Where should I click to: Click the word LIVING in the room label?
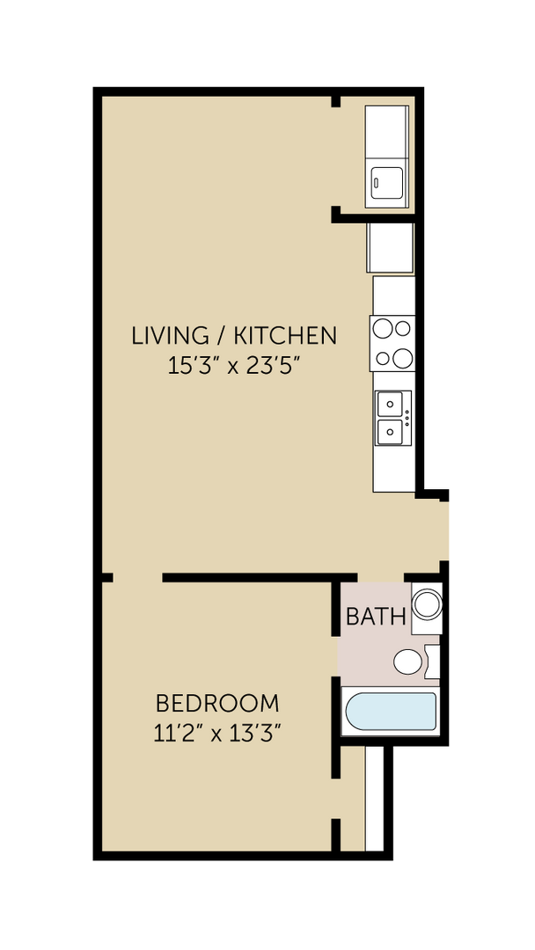tap(158, 335)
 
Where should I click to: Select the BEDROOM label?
tap(217, 704)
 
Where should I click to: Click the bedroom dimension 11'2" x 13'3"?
tap(217, 733)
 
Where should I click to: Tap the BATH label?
tap(376, 617)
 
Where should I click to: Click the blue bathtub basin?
tap(390, 712)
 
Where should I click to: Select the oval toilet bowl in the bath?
tap(407, 662)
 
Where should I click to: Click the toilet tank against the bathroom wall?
tap(432, 661)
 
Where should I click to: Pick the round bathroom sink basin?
tap(428, 604)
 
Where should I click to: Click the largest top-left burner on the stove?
tap(383, 329)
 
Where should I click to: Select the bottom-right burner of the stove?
tap(402, 358)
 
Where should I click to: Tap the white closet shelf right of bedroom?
tap(375, 799)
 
